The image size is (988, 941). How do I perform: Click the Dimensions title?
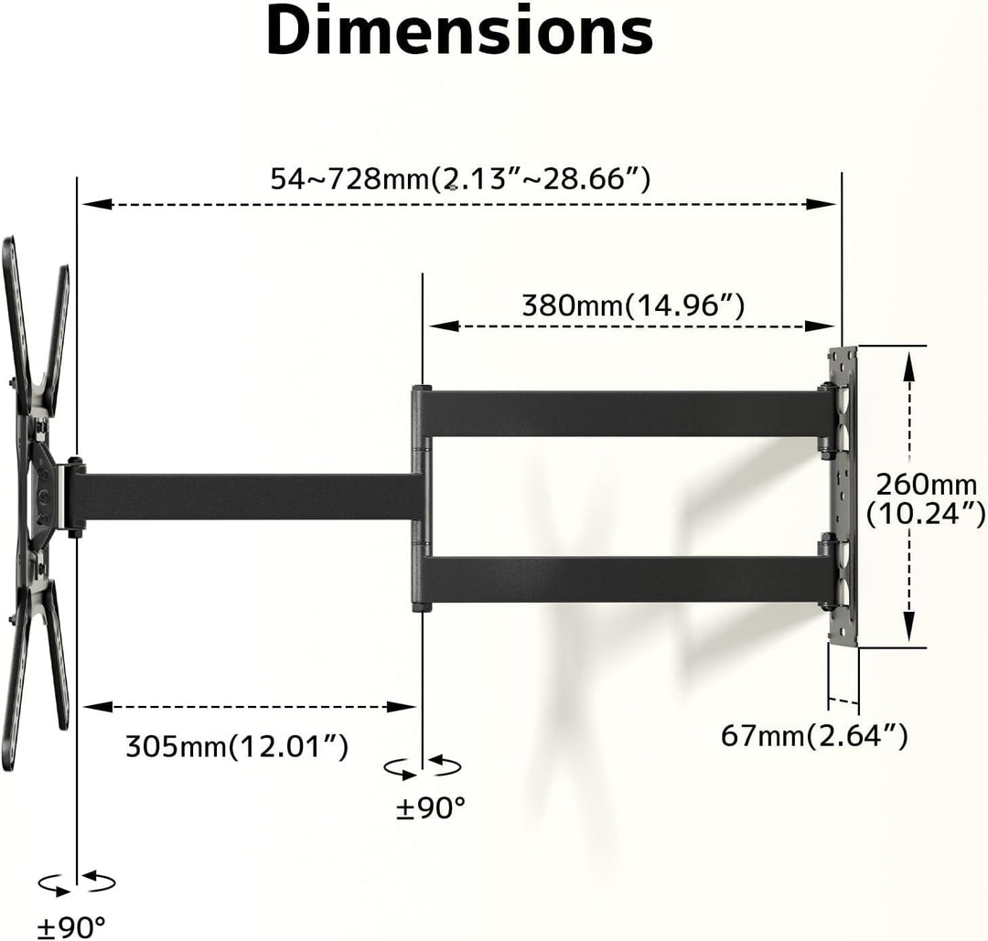[460, 31]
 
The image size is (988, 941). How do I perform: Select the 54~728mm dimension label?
[460, 179]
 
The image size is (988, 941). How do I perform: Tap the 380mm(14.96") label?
[633, 305]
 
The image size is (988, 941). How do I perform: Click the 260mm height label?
[926, 498]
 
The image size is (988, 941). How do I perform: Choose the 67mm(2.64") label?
[814, 734]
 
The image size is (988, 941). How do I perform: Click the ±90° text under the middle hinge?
[430, 807]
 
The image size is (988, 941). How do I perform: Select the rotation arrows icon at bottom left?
[76, 882]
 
